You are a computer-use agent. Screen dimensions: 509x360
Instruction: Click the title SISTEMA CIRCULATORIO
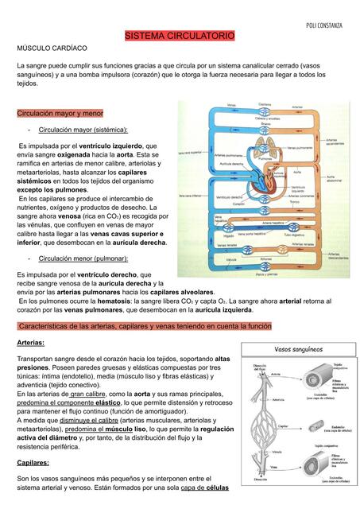point(180,37)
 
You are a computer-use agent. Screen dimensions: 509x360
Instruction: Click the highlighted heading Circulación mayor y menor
point(60,114)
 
